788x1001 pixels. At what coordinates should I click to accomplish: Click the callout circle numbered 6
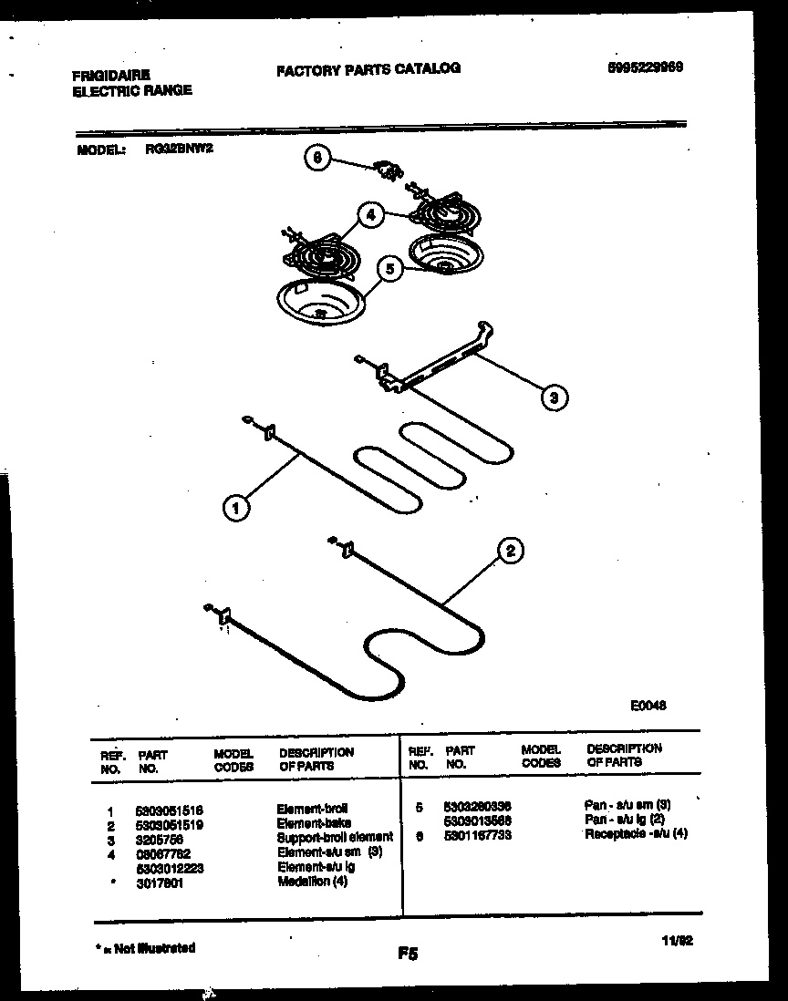point(316,158)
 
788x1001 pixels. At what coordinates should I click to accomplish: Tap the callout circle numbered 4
point(369,216)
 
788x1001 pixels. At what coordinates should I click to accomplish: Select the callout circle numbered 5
point(389,270)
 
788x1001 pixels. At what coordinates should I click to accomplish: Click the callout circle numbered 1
point(235,508)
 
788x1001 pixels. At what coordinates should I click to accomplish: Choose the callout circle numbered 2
point(510,550)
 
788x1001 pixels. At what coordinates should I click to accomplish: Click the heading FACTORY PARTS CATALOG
point(368,68)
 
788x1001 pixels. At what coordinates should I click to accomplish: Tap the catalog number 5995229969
point(645,67)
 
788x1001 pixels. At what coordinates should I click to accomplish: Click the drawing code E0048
point(648,705)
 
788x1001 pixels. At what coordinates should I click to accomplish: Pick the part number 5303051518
point(169,810)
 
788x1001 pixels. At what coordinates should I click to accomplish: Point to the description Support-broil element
point(335,837)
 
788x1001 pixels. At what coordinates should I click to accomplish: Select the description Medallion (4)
point(313,882)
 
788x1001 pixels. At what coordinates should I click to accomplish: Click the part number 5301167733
point(477,834)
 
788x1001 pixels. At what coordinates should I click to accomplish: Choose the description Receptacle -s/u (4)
point(636,834)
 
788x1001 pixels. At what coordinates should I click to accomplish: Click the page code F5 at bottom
point(408,955)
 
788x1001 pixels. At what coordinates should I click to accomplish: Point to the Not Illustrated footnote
point(145,948)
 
